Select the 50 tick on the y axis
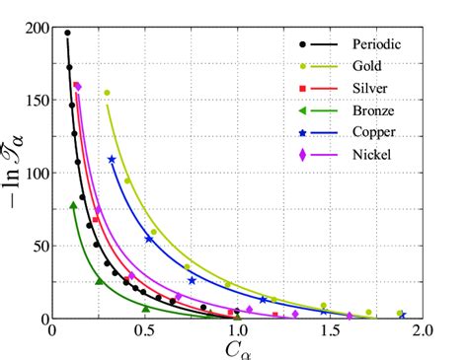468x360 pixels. (x=40, y=246)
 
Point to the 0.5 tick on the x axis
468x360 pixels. (x=145, y=332)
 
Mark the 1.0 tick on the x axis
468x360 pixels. (x=237, y=332)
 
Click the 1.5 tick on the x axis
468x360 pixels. (x=330, y=332)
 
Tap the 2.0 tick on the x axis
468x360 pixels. (x=422, y=332)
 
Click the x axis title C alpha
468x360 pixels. (x=238, y=349)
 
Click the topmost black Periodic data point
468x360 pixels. (x=67, y=34)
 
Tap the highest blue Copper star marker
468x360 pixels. (x=112, y=159)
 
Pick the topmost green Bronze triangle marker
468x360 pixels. (x=73, y=205)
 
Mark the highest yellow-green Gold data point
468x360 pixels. (x=107, y=93)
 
